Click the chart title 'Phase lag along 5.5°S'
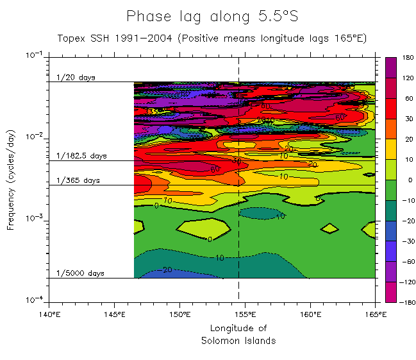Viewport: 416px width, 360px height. tap(212, 16)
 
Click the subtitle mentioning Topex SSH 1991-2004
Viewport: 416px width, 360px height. tap(212, 39)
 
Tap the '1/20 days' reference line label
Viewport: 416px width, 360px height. tap(76, 78)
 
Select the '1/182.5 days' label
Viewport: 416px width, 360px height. tap(81, 156)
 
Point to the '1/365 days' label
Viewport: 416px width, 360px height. tap(78, 180)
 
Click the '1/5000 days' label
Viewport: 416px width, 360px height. tap(80, 273)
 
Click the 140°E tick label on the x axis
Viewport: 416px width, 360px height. tap(49, 314)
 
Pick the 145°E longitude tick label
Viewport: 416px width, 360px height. tap(114, 314)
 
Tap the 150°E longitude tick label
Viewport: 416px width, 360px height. tap(179, 314)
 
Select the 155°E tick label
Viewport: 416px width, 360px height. tap(245, 314)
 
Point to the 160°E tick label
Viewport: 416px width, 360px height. tap(310, 314)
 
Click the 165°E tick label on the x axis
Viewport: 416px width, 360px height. tap(375, 314)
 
